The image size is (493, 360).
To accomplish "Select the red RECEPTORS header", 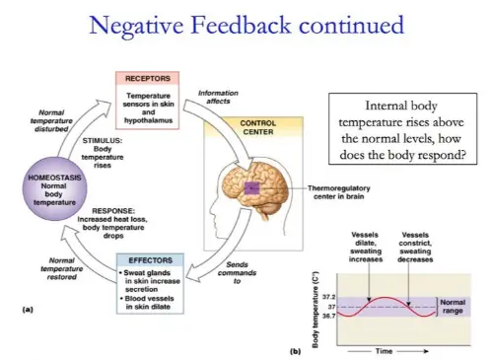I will pyautogui.click(x=148, y=78).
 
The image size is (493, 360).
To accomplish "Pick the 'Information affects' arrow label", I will pyautogui.click(x=218, y=97).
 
